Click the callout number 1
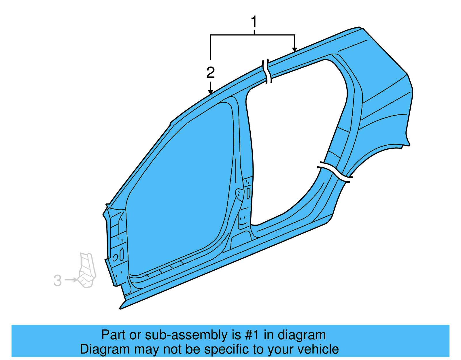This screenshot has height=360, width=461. (254, 21)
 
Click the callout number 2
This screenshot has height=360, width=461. (211, 72)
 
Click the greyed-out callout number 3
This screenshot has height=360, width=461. (58, 280)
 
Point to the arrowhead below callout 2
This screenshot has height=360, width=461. (211, 92)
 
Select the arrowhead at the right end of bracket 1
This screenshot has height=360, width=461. (294, 49)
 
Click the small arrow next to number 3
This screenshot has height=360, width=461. (71, 280)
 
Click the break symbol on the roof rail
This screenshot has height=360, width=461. (267, 71)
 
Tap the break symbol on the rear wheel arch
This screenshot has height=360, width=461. (335, 172)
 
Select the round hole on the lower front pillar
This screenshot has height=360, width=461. (115, 257)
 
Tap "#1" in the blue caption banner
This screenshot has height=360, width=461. (252, 335)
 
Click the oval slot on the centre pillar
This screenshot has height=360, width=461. (248, 193)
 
